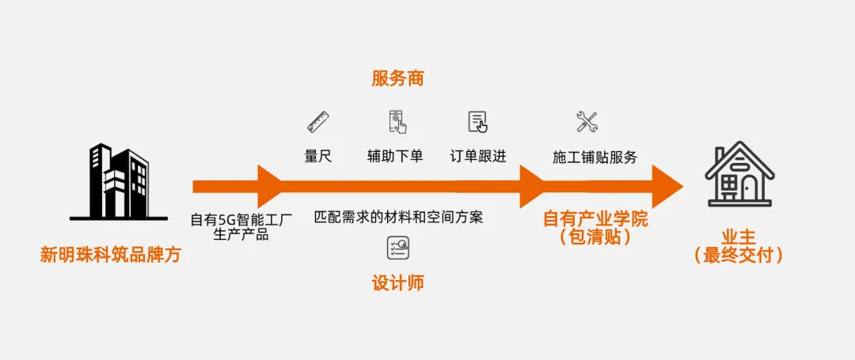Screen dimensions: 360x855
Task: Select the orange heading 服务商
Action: [x=397, y=78]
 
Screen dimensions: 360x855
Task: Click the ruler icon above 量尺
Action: [x=318, y=122]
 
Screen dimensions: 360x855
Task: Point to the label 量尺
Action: [x=318, y=156]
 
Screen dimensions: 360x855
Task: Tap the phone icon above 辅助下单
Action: [x=397, y=122]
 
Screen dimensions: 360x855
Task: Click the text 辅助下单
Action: [x=395, y=156]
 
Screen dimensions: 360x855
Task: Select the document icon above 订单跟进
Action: [x=477, y=122]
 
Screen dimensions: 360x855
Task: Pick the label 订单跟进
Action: [x=477, y=156]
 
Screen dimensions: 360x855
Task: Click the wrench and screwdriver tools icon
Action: [x=587, y=122]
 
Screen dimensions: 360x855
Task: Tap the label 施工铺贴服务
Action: [x=595, y=157]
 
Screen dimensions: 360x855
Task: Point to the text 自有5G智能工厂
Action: [x=241, y=219]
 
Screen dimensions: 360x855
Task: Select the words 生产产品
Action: [x=241, y=235]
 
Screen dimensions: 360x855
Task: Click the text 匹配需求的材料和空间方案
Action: [x=398, y=216]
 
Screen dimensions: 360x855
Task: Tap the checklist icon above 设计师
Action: [x=397, y=248]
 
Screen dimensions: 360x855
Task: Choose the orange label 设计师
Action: [x=397, y=282]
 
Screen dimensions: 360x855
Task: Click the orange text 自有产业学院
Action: [x=595, y=219]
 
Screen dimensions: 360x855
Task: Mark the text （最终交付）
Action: [x=739, y=256]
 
